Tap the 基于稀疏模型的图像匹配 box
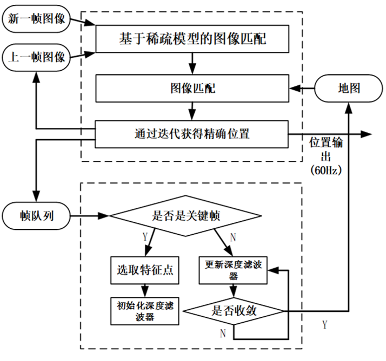click(x=190, y=39)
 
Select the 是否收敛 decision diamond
click(x=233, y=310)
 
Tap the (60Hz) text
click(x=327, y=171)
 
